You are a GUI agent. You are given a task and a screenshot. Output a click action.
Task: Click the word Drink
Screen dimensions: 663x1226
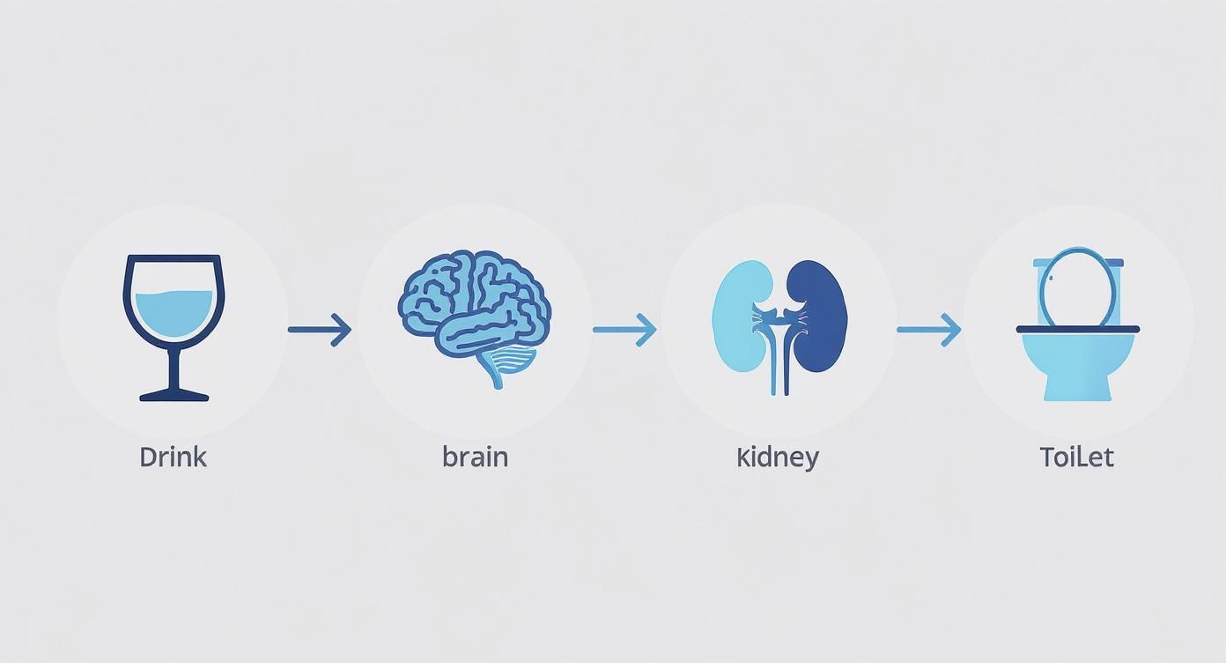173,457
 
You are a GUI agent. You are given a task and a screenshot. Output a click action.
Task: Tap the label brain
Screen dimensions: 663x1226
475,457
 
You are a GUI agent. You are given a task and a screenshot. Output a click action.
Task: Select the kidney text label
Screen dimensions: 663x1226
778,457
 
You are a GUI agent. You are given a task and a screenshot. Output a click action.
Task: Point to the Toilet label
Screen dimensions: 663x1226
1076,457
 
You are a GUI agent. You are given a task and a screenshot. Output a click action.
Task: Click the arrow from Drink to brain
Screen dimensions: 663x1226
320,330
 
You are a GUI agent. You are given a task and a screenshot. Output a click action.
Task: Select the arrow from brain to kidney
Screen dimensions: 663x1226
624,330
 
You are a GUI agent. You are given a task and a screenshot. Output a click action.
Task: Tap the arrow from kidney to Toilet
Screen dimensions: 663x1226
928,330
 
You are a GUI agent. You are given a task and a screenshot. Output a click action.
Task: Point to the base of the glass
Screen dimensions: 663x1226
174,396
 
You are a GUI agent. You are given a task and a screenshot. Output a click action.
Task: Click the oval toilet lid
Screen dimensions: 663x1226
1075,287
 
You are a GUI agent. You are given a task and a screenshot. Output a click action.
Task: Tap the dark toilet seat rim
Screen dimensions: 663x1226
1077,329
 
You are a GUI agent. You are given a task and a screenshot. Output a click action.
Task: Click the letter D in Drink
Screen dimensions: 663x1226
147,457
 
